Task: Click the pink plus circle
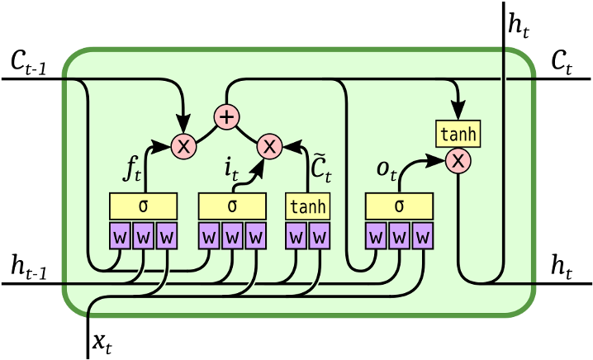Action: click(226, 117)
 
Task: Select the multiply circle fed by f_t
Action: click(183, 147)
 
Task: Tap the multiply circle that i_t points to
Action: click(269, 147)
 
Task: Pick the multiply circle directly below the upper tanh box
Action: click(458, 161)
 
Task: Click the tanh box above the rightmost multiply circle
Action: click(458, 133)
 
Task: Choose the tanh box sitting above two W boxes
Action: click(307, 206)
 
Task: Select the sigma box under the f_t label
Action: click(143, 206)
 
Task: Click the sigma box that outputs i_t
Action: click(232, 206)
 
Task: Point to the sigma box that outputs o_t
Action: click(400, 206)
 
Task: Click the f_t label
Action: click(132, 169)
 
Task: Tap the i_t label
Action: click(231, 168)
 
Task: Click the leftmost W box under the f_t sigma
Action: click(120, 237)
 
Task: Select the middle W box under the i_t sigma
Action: click(232, 237)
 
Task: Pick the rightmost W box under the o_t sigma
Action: click(423, 237)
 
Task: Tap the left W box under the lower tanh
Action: click(296, 237)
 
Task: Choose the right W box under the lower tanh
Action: click(319, 237)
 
